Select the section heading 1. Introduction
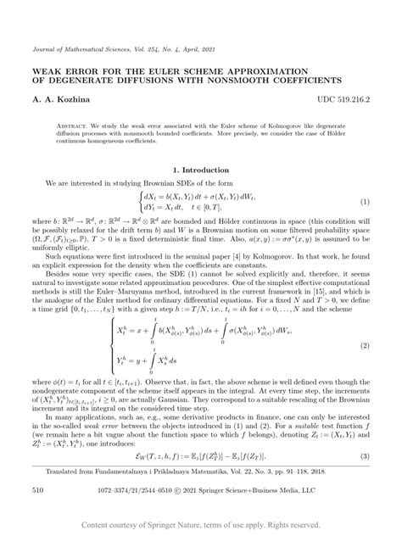201,170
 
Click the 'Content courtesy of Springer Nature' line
201,526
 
